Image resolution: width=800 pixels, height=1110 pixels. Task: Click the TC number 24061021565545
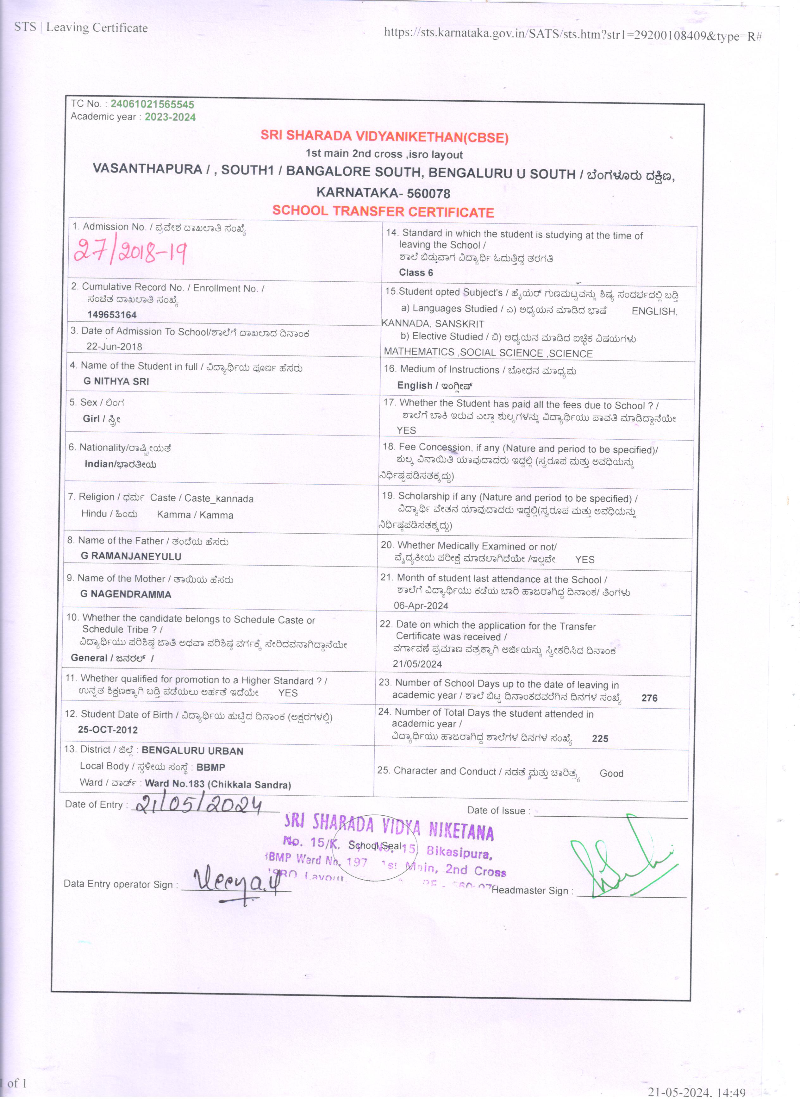(x=152, y=104)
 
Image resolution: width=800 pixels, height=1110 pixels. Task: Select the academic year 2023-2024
(x=170, y=117)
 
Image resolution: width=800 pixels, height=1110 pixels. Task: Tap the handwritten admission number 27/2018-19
(x=130, y=253)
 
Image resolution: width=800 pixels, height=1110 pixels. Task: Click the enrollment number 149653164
(x=112, y=315)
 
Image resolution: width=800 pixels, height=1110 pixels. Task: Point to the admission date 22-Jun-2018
(x=114, y=347)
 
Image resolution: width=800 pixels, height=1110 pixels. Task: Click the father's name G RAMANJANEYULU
(x=131, y=556)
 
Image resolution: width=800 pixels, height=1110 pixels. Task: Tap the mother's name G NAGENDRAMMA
(x=125, y=594)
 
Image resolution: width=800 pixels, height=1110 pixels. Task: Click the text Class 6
(x=416, y=273)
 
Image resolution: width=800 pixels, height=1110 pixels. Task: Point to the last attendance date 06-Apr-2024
(x=421, y=605)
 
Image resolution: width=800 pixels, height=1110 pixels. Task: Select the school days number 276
(x=649, y=698)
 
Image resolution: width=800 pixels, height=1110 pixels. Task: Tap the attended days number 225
(x=600, y=738)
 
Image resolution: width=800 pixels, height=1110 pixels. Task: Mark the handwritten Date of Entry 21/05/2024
(x=198, y=805)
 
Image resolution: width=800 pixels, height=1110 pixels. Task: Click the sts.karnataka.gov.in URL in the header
(x=572, y=34)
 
